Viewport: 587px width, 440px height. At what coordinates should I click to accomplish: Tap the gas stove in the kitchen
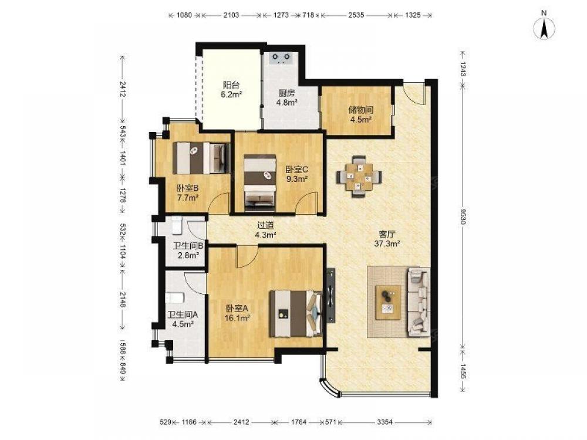(x=281, y=58)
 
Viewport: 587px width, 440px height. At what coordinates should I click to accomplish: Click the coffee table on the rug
(x=388, y=302)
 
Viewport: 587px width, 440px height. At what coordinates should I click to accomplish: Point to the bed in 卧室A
(x=296, y=313)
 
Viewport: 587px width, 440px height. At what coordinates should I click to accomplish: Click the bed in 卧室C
(x=259, y=180)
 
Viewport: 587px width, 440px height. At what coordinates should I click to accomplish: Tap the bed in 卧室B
(x=201, y=157)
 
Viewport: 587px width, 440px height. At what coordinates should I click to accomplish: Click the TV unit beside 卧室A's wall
(x=330, y=295)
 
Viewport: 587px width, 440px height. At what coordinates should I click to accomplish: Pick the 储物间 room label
(x=361, y=110)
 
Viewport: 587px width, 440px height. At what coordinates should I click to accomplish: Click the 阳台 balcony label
(x=231, y=85)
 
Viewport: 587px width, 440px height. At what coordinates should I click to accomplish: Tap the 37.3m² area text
(x=387, y=243)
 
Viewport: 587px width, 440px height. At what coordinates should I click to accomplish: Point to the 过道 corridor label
(x=265, y=225)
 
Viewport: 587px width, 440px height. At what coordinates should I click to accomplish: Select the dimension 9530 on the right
(x=463, y=218)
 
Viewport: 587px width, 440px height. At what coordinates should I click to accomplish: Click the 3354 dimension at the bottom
(x=384, y=422)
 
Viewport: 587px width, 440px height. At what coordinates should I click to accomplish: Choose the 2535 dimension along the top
(x=356, y=15)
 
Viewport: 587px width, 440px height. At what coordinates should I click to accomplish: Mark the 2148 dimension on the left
(x=122, y=299)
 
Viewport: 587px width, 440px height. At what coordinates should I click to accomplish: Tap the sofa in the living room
(x=419, y=302)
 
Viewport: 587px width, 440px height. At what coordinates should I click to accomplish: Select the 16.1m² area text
(x=237, y=319)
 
